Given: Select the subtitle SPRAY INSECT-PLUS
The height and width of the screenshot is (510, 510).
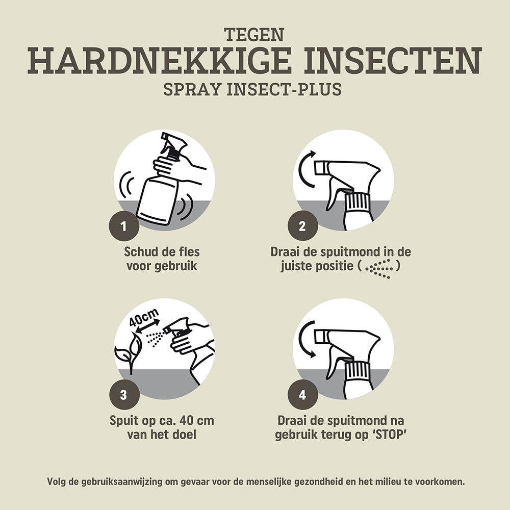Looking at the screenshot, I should click(x=252, y=89).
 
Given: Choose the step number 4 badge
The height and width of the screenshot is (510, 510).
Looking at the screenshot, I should click(x=301, y=395).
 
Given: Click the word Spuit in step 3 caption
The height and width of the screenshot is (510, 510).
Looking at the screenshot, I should click(x=125, y=421).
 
